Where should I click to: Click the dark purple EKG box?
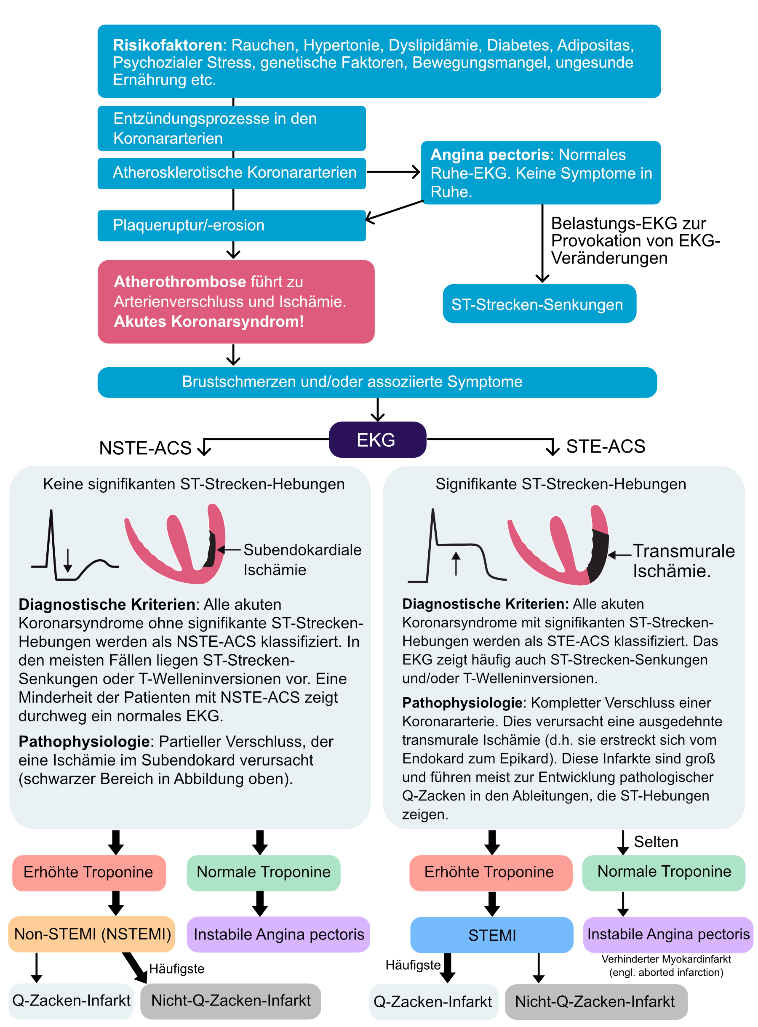pos(377,440)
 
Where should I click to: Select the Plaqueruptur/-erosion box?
pos(231,226)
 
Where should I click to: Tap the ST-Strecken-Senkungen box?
pos(539,304)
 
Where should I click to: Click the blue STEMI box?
pos(491,935)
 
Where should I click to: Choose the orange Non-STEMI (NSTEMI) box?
pos(92,934)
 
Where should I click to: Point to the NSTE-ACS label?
pos(145,448)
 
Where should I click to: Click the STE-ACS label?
pos(606,446)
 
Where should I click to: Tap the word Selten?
pos(656,842)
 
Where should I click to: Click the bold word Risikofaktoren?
pos(168,45)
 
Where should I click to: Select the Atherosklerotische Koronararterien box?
pos(231,173)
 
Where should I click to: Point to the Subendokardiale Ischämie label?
pos(302,560)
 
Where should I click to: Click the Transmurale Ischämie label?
pos(683,560)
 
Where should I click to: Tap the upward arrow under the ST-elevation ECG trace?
pos(456,563)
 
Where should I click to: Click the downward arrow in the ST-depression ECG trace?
pos(68,560)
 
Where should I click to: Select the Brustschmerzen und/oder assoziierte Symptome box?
pos(377,382)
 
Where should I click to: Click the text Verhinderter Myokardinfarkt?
pos(666,959)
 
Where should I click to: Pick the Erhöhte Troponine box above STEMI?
pos(491,873)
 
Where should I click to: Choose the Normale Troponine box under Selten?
pos(664,872)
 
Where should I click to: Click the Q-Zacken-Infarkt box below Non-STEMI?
pos(71,1000)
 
